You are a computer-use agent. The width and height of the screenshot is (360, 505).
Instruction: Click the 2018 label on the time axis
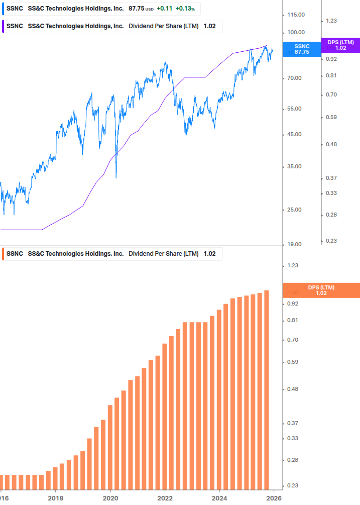pyautogui.click(x=55, y=498)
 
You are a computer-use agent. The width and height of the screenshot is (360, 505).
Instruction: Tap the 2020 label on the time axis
pyautogui.click(x=110, y=498)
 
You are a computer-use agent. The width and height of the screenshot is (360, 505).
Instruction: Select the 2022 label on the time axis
pyautogui.click(x=165, y=498)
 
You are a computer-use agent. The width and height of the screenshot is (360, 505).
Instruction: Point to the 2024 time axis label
pyautogui.click(x=219, y=498)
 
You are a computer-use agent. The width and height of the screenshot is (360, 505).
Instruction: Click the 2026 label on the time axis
pyautogui.click(x=274, y=498)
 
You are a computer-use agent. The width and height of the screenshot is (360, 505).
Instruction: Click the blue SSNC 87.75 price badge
pyautogui.click(x=302, y=49)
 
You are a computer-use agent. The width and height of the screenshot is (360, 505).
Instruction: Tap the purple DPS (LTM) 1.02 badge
pyautogui.click(x=340, y=45)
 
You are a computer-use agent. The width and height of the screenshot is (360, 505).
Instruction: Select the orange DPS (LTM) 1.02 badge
pyautogui.click(x=321, y=290)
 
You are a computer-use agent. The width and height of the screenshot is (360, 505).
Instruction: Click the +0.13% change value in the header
pyautogui.click(x=185, y=9)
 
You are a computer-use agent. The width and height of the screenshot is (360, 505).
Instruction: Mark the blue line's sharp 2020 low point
pyautogui.click(x=116, y=177)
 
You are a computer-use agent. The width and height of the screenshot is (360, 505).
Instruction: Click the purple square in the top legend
pyautogui.click(x=3, y=26)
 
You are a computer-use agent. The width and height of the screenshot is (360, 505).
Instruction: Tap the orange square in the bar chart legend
pyautogui.click(x=3, y=254)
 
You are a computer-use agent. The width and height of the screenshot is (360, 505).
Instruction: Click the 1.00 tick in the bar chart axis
pyautogui.click(x=293, y=292)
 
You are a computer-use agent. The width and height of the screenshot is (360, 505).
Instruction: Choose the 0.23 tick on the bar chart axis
pyautogui.click(x=293, y=485)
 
